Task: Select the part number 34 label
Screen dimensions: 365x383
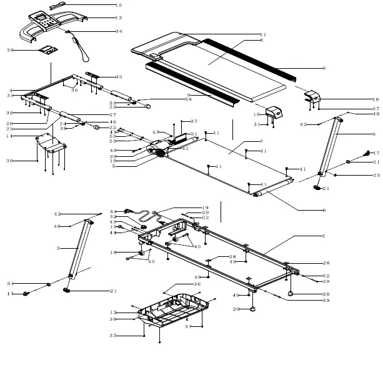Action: click(x=119, y=31)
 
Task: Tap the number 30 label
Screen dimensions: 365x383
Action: click(x=10, y=49)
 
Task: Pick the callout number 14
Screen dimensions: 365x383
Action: click(x=9, y=136)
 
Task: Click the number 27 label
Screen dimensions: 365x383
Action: click(x=112, y=115)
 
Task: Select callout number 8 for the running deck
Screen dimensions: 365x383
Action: click(x=262, y=40)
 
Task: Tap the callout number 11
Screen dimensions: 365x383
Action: click(x=262, y=34)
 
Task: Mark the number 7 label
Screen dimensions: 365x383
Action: click(x=262, y=142)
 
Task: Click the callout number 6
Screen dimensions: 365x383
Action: click(x=324, y=210)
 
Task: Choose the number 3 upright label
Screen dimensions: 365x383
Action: click(x=374, y=134)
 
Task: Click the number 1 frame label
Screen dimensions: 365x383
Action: click(x=324, y=236)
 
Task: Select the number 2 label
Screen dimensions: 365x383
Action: click(x=58, y=248)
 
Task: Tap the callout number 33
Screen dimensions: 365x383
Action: click(x=112, y=211)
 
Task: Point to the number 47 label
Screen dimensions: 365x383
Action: click(x=156, y=132)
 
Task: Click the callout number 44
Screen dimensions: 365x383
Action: click(x=112, y=233)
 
